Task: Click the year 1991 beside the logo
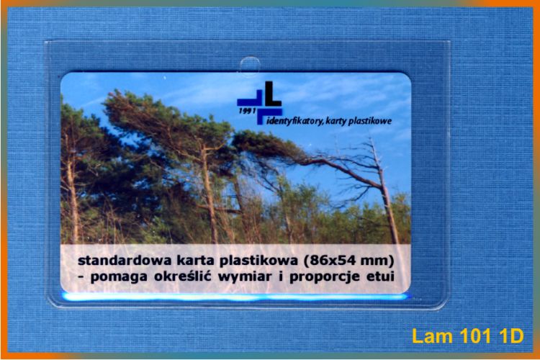(246, 111)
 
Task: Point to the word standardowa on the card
(125, 261)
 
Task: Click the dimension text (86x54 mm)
(348, 261)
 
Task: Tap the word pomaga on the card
(119, 277)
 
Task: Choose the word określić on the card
(183, 276)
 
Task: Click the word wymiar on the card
(245, 276)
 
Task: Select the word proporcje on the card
(325, 277)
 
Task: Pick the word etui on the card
(380, 276)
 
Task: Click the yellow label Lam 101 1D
(468, 336)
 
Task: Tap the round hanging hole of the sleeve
(250, 66)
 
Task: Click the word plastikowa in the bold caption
(258, 261)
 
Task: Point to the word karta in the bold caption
(196, 261)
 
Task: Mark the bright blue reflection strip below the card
(235, 296)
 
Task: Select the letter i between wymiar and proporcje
(280, 276)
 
